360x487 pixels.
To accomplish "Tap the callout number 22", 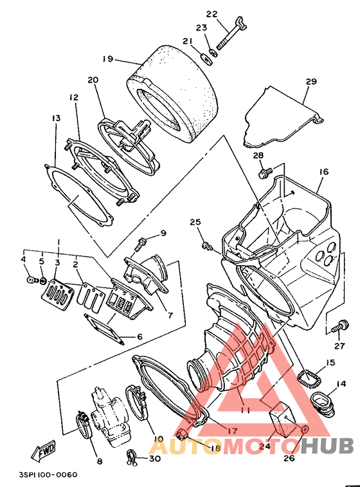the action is [212, 15].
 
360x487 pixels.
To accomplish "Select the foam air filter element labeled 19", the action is [173, 94].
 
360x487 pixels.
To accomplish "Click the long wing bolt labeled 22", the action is [231, 33].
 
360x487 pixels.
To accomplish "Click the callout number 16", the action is [323, 171].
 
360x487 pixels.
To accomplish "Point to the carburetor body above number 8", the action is [109, 416].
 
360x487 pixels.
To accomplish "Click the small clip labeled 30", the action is [132, 457].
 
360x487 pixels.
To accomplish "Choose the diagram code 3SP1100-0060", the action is [48, 475].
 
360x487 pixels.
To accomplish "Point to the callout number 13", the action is [56, 118].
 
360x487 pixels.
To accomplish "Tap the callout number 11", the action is [245, 410].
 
